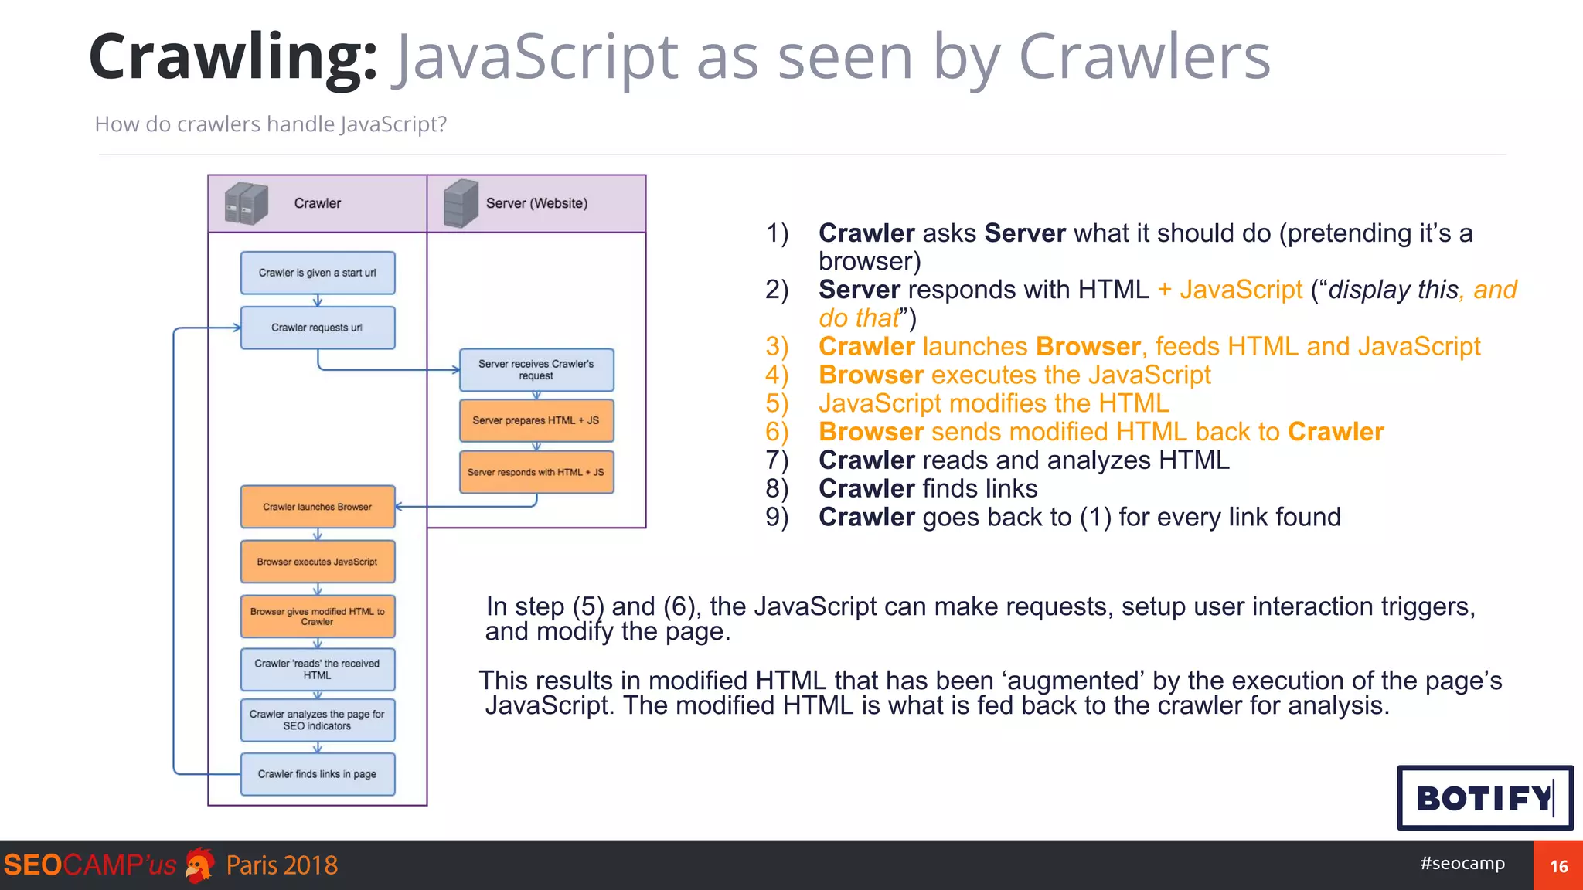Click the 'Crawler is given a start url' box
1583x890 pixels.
(x=318, y=273)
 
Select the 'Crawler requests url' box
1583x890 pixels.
(x=318, y=328)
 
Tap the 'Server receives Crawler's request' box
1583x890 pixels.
(x=536, y=369)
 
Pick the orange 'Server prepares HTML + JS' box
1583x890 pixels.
(x=536, y=420)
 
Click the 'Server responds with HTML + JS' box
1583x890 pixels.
(x=536, y=472)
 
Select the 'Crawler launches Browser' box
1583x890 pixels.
(x=318, y=507)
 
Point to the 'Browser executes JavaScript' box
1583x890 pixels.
(x=318, y=562)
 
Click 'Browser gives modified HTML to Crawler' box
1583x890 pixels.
(x=318, y=616)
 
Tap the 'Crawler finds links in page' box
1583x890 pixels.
(x=318, y=773)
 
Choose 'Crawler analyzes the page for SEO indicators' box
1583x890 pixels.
(x=318, y=720)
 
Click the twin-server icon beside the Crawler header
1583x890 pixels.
(x=246, y=203)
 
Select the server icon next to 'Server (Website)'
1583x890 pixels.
(x=461, y=203)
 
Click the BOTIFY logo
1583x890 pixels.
(x=1485, y=798)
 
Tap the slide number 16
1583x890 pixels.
(x=1558, y=866)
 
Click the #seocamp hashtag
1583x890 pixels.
(x=1462, y=863)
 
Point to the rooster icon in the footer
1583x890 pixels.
(x=200, y=865)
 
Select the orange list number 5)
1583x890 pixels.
(x=777, y=403)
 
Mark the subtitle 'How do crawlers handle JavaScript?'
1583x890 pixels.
(x=271, y=124)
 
